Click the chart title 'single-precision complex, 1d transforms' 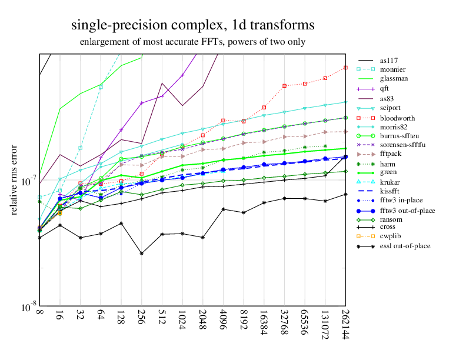[x=192, y=25]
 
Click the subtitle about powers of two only [x=192, y=42]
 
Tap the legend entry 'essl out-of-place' [x=405, y=245]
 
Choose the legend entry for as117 [x=388, y=61]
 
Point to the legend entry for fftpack [x=391, y=154]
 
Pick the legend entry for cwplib [x=390, y=236]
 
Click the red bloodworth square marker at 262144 [x=345, y=68]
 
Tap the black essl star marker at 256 [x=141, y=254]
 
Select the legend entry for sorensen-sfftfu [x=403, y=145]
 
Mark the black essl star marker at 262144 [x=345, y=194]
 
